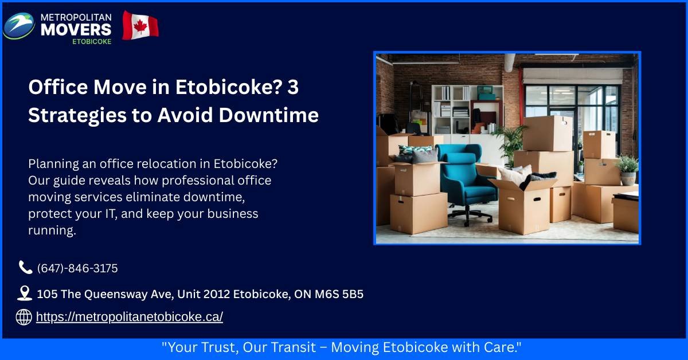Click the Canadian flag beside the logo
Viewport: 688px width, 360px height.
pyautogui.click(x=140, y=25)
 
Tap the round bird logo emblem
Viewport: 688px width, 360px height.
pyautogui.click(x=19, y=25)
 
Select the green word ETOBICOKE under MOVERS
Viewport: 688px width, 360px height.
pyautogui.click(x=92, y=41)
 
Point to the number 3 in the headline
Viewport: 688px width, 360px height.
pyautogui.click(x=292, y=88)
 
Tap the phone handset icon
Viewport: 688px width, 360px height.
pyautogui.click(x=25, y=268)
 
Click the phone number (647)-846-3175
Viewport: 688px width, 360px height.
pyautogui.click(x=77, y=268)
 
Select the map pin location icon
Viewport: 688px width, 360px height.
pyautogui.click(x=24, y=294)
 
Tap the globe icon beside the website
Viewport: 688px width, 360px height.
pyautogui.click(x=24, y=317)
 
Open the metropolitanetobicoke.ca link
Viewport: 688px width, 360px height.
pyautogui.click(x=129, y=317)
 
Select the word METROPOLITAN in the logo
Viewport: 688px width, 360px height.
pyautogui.click(x=76, y=16)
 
